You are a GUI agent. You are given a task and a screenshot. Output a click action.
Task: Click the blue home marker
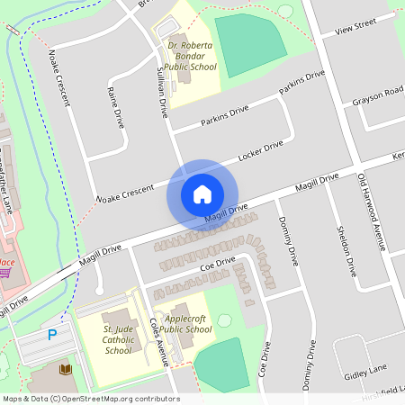(x=202, y=194)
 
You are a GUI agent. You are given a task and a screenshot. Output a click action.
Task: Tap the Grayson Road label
(x=378, y=98)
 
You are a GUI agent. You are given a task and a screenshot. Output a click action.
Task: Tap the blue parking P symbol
(x=51, y=335)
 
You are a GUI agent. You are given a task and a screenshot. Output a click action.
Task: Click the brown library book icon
(x=65, y=370)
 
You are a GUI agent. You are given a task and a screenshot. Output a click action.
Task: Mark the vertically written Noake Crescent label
(x=60, y=76)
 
